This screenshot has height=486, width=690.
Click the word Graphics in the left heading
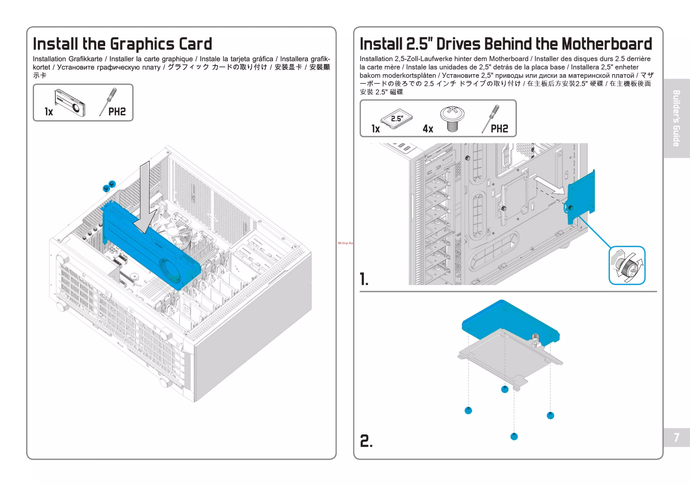tap(142, 44)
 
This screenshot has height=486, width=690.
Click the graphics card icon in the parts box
tap(70, 103)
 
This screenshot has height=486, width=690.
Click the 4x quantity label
tap(428, 129)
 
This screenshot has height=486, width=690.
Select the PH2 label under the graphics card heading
tap(117, 112)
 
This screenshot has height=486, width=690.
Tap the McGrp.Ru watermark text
tap(345, 243)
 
